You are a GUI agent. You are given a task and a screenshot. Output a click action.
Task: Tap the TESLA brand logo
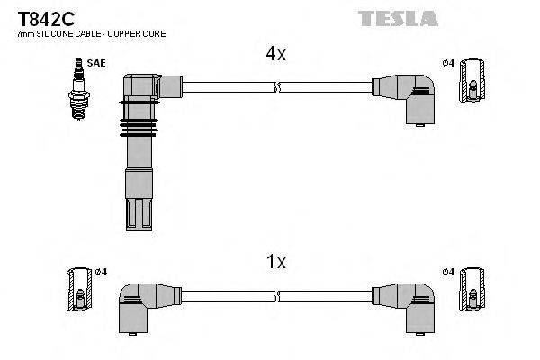[398, 18]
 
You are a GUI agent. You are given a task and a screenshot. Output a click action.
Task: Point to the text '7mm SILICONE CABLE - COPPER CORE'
[91, 33]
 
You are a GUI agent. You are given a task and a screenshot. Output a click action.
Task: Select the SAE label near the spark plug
[94, 63]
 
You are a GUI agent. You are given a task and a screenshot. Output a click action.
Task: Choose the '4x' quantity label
[274, 54]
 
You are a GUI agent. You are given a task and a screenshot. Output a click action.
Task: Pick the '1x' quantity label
[275, 262]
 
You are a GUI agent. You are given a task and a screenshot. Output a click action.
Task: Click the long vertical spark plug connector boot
[139, 153]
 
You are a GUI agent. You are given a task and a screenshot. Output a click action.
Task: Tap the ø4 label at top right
[449, 63]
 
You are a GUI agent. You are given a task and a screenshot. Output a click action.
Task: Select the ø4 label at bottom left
[101, 272]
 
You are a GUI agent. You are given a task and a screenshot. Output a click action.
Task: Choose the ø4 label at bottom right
[449, 272]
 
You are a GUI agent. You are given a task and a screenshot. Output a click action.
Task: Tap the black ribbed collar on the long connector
[139, 121]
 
